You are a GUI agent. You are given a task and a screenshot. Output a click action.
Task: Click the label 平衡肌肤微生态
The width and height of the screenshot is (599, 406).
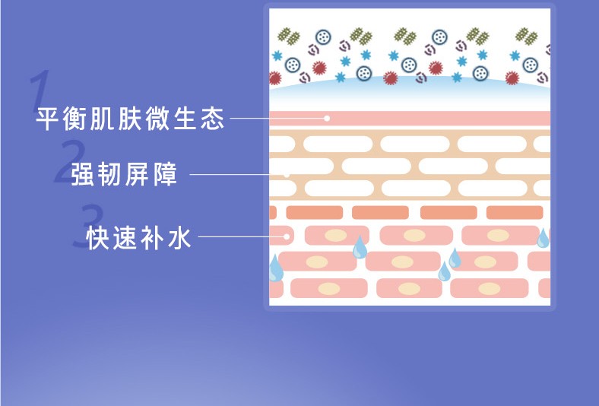130,119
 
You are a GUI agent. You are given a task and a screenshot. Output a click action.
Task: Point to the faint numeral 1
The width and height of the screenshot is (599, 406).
41,90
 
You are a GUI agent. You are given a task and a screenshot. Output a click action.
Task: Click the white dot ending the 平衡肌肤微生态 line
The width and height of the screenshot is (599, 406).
327,119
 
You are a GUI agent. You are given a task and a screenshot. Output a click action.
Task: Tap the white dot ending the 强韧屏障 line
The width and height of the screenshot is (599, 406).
287,175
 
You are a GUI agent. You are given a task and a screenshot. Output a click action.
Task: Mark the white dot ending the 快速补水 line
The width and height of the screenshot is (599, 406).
287,236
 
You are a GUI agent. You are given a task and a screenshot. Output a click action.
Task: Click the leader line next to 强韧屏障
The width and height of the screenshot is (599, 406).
236,175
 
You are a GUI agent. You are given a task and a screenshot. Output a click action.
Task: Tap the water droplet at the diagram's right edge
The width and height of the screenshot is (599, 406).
543,238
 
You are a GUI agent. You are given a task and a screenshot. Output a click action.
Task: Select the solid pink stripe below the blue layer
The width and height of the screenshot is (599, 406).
410,119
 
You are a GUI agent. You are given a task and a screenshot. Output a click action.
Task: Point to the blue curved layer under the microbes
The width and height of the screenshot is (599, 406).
410,96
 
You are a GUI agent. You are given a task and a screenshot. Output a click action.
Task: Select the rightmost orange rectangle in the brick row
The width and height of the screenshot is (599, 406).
514,212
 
